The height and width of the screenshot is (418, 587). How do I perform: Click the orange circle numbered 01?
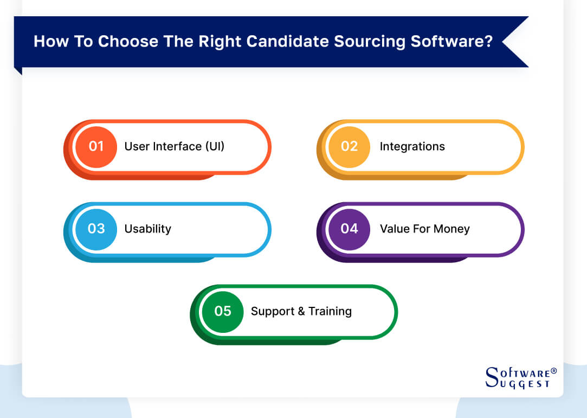click(96, 146)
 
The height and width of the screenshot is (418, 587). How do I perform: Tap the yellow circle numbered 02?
click(349, 146)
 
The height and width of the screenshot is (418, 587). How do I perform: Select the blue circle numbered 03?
click(96, 229)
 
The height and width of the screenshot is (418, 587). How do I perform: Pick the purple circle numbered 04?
click(349, 229)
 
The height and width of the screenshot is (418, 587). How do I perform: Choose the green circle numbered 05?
click(222, 311)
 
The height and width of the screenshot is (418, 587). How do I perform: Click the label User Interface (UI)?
click(174, 146)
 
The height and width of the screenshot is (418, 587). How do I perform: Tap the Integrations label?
click(412, 146)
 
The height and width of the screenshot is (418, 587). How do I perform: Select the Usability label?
click(147, 229)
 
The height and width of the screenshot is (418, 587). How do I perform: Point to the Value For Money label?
click(424, 229)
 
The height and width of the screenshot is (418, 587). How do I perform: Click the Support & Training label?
click(301, 311)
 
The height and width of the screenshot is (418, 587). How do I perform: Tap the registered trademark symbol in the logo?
click(553, 371)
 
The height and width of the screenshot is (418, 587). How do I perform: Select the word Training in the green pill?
click(330, 311)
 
